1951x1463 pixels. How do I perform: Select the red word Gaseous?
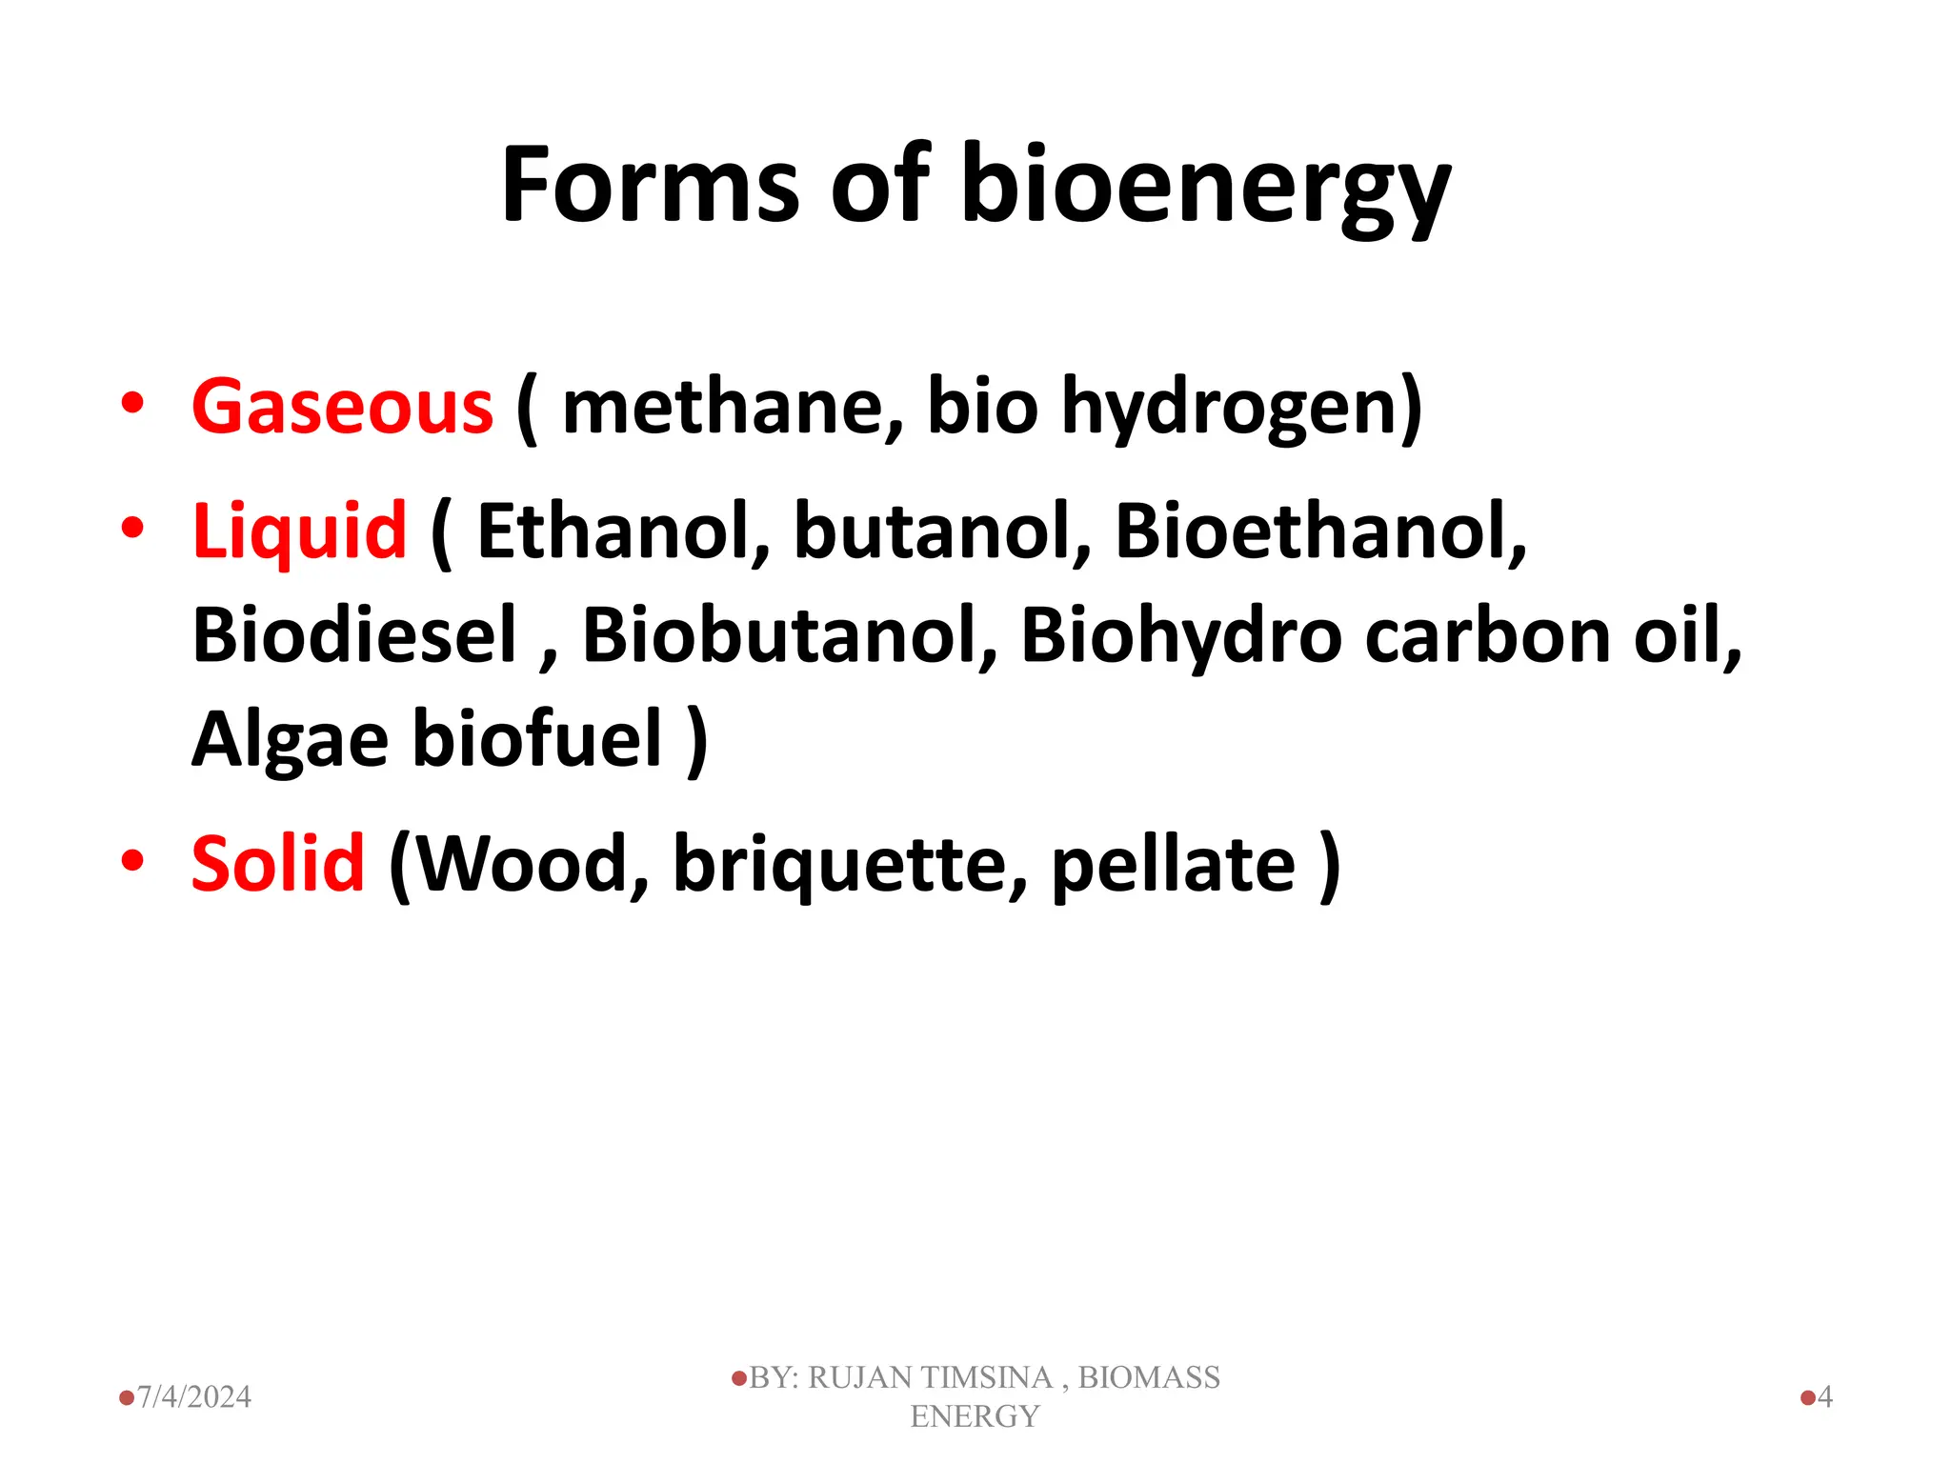342,407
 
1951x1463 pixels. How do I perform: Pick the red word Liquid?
299,531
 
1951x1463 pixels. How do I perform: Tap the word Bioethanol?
1320,531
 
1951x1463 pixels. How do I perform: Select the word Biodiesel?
354,634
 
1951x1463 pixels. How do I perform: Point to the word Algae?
290,741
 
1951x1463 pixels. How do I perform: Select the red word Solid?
277,863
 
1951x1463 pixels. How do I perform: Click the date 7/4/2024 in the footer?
193,1396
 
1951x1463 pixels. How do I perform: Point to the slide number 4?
1824,1396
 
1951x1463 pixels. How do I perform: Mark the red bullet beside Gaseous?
132,403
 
